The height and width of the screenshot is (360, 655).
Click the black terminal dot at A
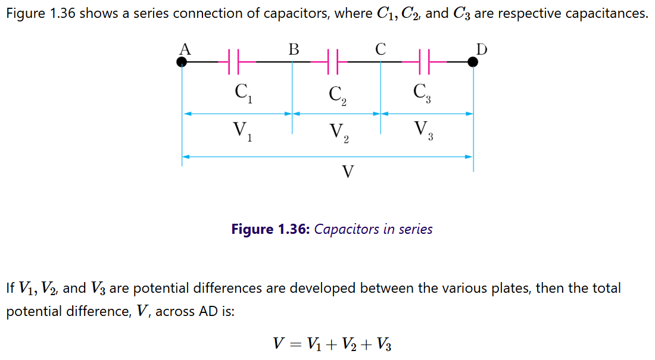182,61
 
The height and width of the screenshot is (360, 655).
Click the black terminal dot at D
473,61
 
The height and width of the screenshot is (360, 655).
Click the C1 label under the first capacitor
243,93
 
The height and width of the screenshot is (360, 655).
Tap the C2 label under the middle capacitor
338,96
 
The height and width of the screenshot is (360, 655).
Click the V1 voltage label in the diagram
243,131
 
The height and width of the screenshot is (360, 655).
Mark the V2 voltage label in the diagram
338,133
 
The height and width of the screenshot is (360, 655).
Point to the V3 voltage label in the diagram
423,130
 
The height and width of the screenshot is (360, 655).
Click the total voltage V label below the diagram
348,172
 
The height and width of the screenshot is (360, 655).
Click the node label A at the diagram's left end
185,49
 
